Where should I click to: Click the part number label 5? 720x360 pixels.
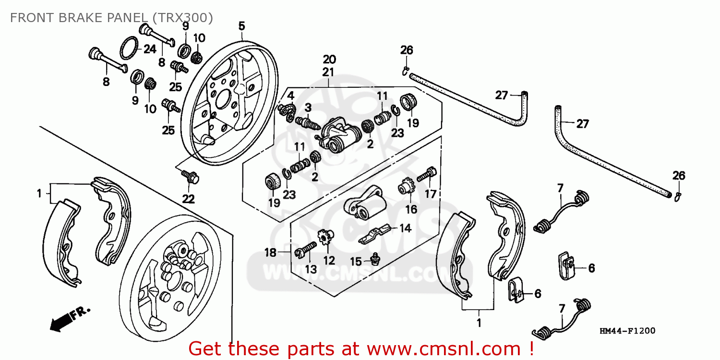[x=242, y=25]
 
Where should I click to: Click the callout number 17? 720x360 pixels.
[x=431, y=194]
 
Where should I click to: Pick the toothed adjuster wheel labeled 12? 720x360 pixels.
[x=325, y=238]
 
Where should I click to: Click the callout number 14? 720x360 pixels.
[x=406, y=228]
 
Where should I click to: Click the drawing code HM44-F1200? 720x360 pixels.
[x=627, y=331]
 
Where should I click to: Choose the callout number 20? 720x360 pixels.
[x=329, y=60]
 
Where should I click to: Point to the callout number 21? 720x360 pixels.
[x=329, y=72]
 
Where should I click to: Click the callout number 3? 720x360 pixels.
[x=308, y=107]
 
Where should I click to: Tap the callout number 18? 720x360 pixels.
[x=271, y=252]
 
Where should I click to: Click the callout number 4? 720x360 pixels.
[x=290, y=95]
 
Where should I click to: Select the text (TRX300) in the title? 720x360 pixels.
[x=182, y=18]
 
